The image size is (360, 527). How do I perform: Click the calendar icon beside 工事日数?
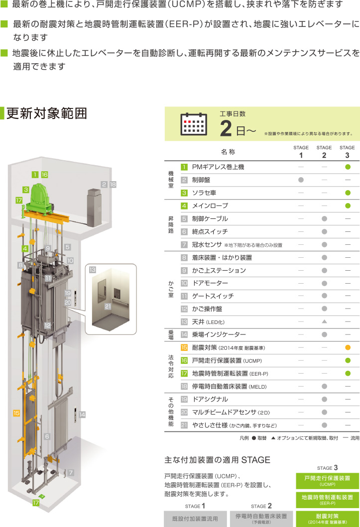point(194,124)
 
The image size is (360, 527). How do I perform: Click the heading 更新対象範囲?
point(47,113)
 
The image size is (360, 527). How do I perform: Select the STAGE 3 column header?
point(347,152)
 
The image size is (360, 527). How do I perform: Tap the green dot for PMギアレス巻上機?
point(348,167)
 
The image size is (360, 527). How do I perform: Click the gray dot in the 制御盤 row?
point(301,180)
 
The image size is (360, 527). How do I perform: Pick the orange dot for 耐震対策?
point(348,347)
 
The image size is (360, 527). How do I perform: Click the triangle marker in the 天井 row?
point(324,321)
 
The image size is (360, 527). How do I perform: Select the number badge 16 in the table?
point(184,361)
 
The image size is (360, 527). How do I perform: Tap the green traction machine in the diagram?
point(40,199)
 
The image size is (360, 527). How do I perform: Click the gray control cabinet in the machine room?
point(94,208)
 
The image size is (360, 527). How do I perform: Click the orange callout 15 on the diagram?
point(16,413)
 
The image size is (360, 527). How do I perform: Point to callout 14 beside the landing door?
point(82,415)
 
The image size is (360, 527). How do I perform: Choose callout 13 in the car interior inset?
point(93,270)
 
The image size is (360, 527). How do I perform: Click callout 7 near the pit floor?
point(71,473)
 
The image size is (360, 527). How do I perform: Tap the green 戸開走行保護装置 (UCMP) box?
point(328,481)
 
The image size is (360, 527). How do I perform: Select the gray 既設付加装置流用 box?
point(195,519)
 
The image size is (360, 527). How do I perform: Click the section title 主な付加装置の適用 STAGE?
point(217,460)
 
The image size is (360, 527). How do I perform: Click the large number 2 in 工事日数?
point(226,128)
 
